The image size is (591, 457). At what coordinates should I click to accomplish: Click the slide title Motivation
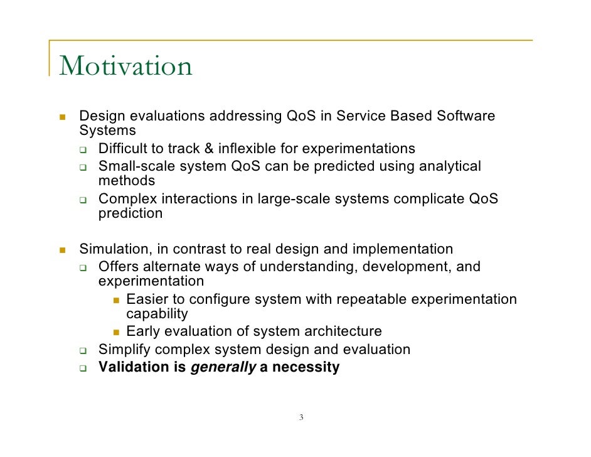(x=125, y=67)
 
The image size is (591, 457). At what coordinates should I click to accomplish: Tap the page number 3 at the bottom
(x=301, y=418)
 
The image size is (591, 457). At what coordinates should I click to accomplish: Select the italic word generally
(x=223, y=368)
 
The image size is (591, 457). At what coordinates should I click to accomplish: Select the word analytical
(x=450, y=166)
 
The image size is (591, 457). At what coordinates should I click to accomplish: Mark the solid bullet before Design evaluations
(x=62, y=117)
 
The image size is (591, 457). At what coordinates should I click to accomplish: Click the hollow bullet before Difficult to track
(x=83, y=150)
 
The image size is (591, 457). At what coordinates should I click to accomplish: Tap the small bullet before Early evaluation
(x=116, y=332)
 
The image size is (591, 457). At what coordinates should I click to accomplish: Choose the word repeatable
(x=372, y=299)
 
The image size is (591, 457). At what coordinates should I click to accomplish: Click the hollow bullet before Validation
(x=83, y=368)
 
